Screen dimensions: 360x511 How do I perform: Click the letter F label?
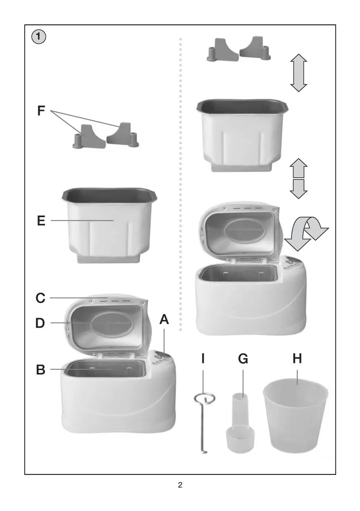(x=41, y=110)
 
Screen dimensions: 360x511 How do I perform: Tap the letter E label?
(x=41, y=220)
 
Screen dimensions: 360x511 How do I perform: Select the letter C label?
(x=40, y=298)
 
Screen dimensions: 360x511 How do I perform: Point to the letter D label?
(x=40, y=323)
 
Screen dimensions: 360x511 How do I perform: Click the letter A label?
(x=164, y=319)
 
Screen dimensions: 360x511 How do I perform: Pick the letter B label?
(x=41, y=370)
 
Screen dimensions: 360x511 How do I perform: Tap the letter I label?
(x=203, y=359)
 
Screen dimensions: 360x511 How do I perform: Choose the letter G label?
(x=243, y=359)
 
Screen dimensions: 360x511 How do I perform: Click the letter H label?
(x=297, y=359)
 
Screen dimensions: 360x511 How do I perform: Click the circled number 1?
(x=39, y=37)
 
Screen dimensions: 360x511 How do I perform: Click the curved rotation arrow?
(x=306, y=234)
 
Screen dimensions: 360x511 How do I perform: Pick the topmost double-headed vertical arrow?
(x=299, y=73)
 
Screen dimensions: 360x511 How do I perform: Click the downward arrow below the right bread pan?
(x=299, y=189)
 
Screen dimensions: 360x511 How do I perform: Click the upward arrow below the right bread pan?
(x=299, y=168)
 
